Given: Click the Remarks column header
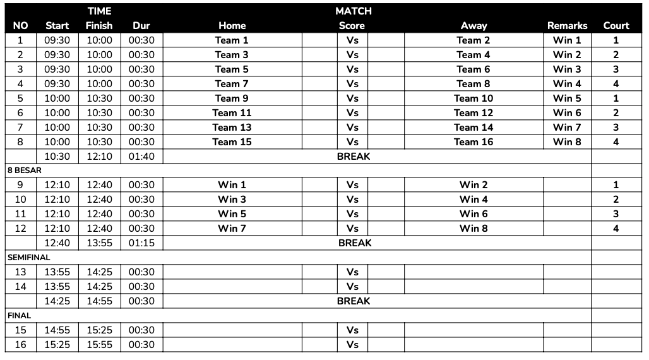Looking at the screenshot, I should point(567,26).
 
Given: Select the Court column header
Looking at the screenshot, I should point(616,26).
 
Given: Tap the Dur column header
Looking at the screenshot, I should point(141,26).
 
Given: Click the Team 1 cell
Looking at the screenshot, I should point(232,40).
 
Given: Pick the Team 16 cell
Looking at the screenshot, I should point(473,142).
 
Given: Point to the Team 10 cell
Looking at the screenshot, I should point(473,99).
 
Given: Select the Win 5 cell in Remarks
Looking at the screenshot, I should point(567,99).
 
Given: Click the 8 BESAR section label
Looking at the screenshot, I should point(24,171).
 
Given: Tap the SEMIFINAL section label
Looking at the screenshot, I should point(28,258).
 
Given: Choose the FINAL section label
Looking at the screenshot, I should point(19,316).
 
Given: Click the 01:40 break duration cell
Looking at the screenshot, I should point(141,157).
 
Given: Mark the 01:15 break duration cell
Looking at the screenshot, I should point(141,243).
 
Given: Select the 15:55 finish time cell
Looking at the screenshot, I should point(99,345).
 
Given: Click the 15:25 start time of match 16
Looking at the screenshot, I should point(57,345).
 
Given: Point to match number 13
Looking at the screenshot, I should point(21,272).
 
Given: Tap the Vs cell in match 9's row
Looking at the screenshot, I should point(352,185).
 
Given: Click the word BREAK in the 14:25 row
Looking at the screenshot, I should point(354,301).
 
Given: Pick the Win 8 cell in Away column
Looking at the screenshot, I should point(473,229).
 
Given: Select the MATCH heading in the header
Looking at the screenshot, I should point(354,11).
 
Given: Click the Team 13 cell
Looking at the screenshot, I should point(232,128).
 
